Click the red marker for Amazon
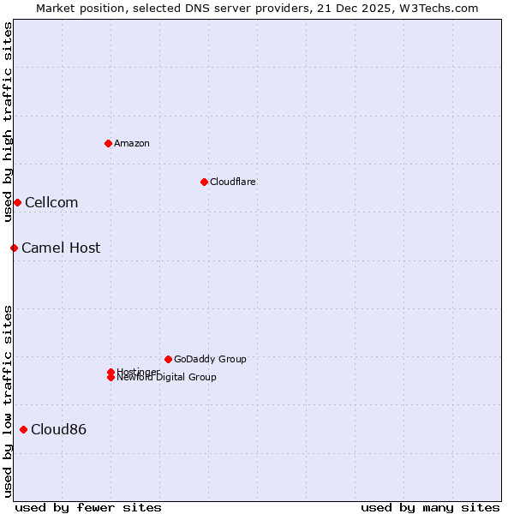click(x=108, y=143)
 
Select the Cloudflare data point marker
click(x=204, y=182)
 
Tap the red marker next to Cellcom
click(x=17, y=202)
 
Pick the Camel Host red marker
click(x=14, y=248)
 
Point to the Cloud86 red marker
click(x=23, y=429)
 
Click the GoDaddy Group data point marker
click(x=168, y=359)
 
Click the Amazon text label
click(x=132, y=143)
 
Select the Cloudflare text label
click(x=233, y=182)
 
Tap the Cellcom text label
click(x=51, y=202)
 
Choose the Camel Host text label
click(x=61, y=248)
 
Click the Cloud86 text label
click(x=58, y=429)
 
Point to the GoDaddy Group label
click(x=210, y=359)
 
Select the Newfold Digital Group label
click(x=167, y=378)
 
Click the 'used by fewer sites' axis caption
click(x=88, y=507)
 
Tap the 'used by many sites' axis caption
click(x=430, y=507)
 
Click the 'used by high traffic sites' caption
click(x=8, y=122)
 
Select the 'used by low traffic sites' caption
click(x=8, y=400)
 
